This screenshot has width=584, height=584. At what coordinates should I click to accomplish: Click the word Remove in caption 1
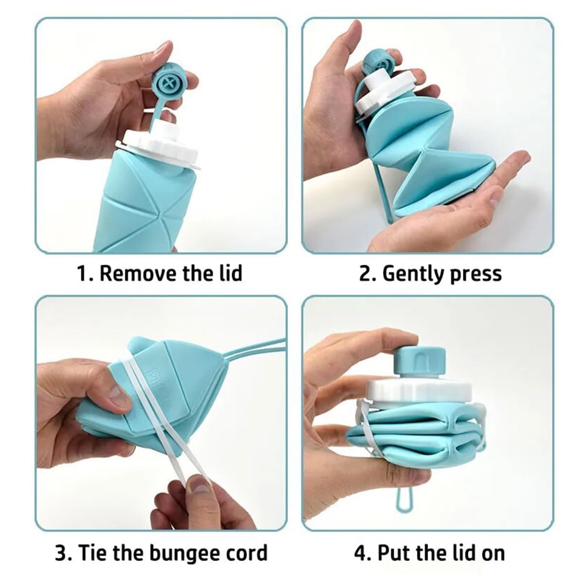point(138,274)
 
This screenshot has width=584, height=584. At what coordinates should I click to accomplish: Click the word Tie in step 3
point(90,553)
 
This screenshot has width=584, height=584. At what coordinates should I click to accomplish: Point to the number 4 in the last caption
point(360,553)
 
